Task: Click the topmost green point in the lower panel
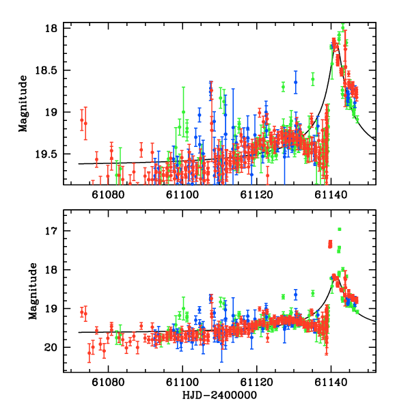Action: (x=339, y=229)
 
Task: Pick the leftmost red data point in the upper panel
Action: (x=82, y=120)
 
